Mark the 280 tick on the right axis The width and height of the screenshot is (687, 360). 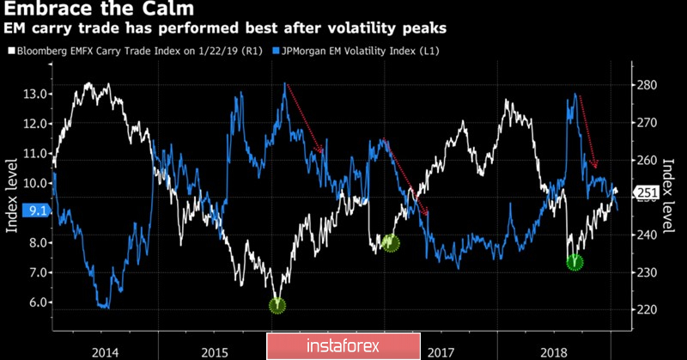click(647, 85)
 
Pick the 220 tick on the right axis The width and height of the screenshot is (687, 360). click(647, 309)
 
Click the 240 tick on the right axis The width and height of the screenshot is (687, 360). click(647, 235)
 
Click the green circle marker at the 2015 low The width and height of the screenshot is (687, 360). click(277, 305)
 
